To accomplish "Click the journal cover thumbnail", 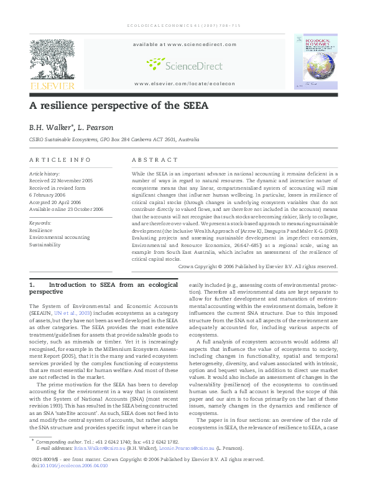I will (317, 61).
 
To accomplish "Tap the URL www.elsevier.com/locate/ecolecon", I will (185, 83).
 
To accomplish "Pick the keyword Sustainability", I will (45, 245).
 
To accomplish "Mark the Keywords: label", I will (40, 222).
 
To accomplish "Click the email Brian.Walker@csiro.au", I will (91, 447).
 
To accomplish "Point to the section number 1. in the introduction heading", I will (32, 284).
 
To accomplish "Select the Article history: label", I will (44, 173).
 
